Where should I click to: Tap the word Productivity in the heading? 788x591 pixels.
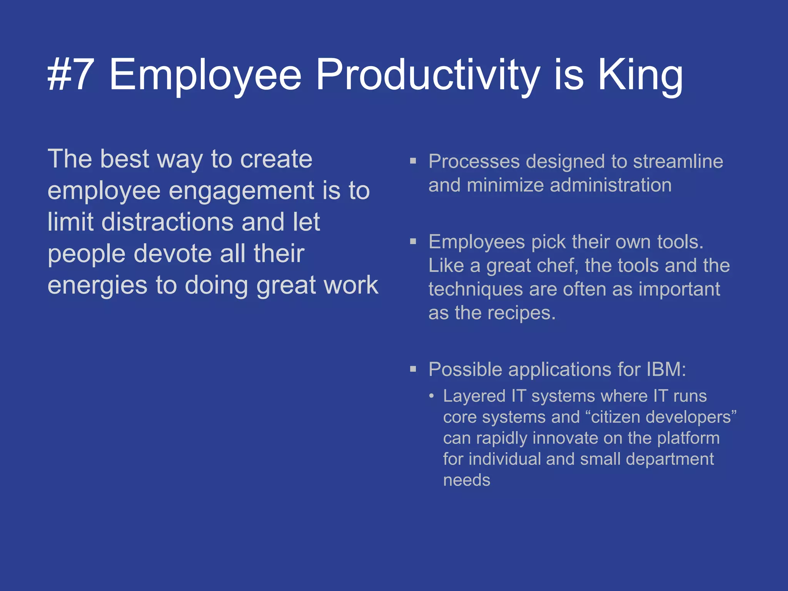coord(427,75)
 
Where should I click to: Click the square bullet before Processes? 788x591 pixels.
coord(413,161)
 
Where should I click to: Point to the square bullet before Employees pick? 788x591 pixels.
coord(413,242)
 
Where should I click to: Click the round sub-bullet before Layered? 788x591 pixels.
coord(432,396)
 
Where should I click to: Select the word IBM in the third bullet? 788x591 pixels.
coord(666,369)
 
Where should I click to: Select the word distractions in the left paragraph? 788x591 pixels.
coord(167,222)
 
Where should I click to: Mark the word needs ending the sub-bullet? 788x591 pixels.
coord(466,480)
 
